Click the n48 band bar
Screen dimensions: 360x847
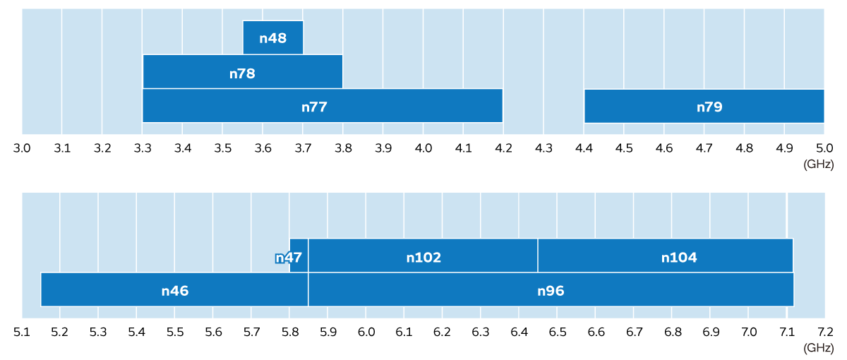pyautogui.click(x=273, y=38)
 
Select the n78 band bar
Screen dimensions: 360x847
pyautogui.click(x=242, y=72)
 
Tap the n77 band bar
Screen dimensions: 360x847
pyautogui.click(x=322, y=106)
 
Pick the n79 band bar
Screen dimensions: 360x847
pyautogui.click(x=704, y=106)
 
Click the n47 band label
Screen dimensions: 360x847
pyautogui.click(x=289, y=258)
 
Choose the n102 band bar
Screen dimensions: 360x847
pyautogui.click(x=423, y=256)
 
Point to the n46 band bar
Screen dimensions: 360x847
pyautogui.click(x=174, y=290)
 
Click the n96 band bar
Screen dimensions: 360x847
pyautogui.click(x=551, y=290)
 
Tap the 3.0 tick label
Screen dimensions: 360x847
pyautogui.click(x=23, y=148)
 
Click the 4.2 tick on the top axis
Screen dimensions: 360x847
pyautogui.click(x=503, y=148)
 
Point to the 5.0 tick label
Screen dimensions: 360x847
pyautogui.click(x=824, y=148)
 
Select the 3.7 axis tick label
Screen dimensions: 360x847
pyautogui.click(x=303, y=148)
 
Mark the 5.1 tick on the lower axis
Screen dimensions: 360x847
pyautogui.click(x=23, y=332)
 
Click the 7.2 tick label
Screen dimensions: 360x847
pyautogui.click(x=824, y=332)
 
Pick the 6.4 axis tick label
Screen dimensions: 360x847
pyautogui.click(x=519, y=332)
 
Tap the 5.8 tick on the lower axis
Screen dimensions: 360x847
pyautogui.click(x=289, y=332)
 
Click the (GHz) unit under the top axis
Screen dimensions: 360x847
pyautogui.click(x=819, y=164)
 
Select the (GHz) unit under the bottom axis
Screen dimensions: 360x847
pyautogui.click(x=819, y=347)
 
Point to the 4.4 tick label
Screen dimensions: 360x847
pyautogui.click(x=584, y=148)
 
